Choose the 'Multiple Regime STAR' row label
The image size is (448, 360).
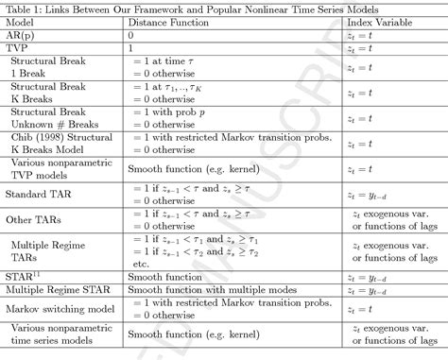(55, 290)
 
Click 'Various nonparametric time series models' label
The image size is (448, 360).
(55, 334)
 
